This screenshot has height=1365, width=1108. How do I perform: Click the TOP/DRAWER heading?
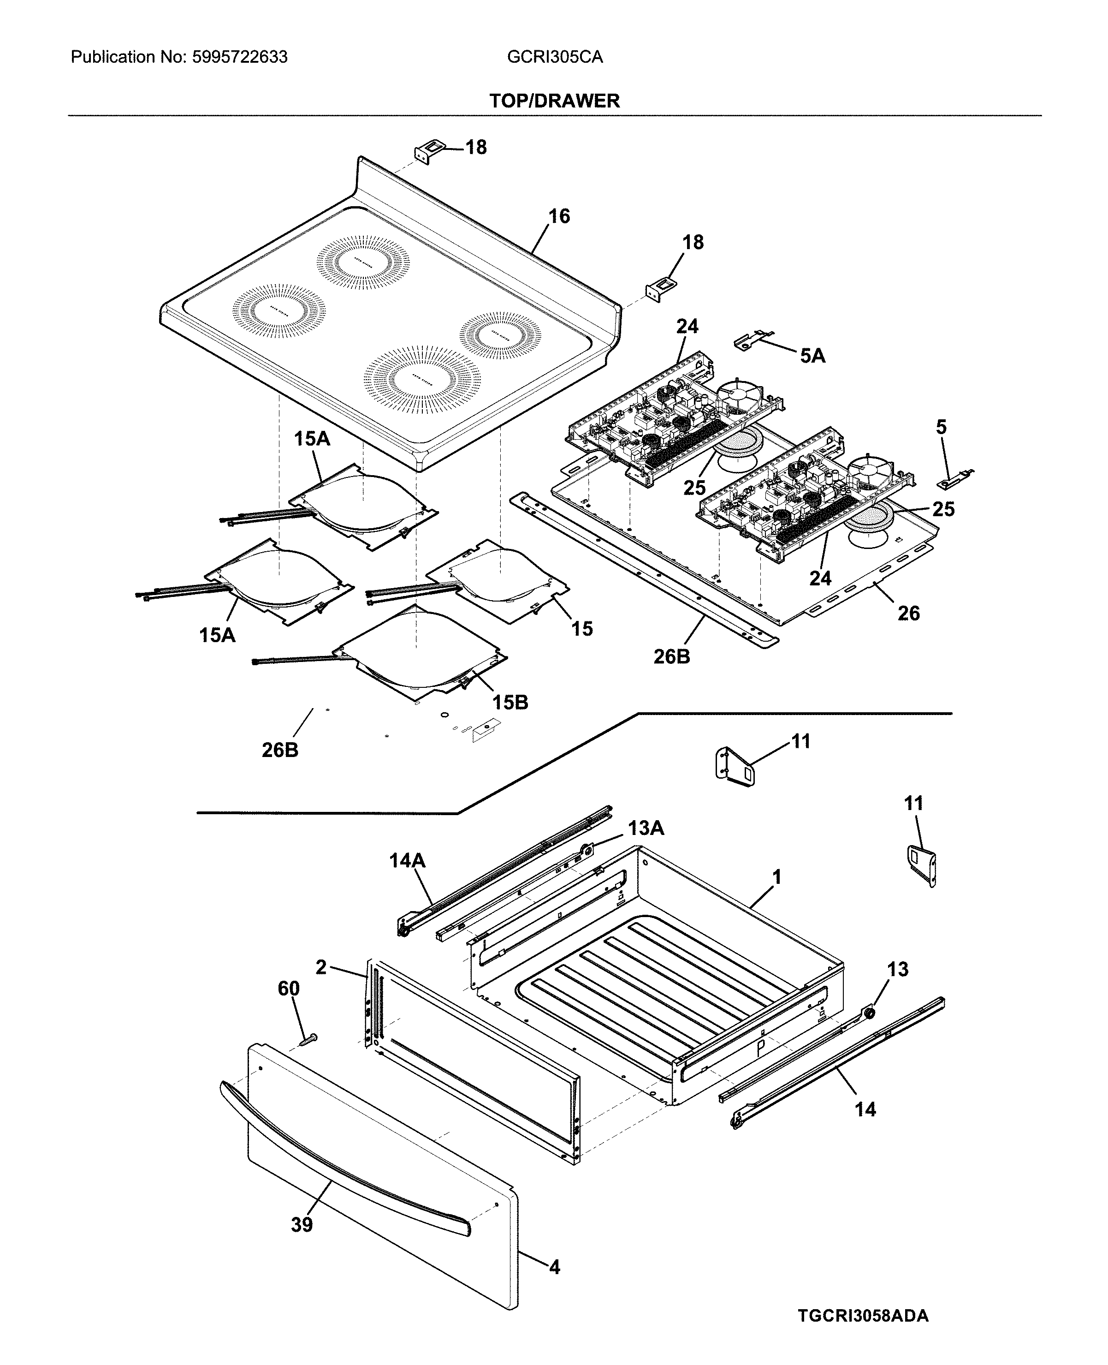pos(554,101)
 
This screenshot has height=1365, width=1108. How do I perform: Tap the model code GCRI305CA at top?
pos(555,58)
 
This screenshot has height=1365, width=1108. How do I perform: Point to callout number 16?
pos(559,216)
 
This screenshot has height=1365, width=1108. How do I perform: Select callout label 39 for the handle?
pos(302,1225)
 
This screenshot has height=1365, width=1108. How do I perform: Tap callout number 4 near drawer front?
pos(555,1267)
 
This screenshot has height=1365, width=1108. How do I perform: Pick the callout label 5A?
pos(812,356)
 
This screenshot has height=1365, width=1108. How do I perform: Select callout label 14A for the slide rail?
pos(407,861)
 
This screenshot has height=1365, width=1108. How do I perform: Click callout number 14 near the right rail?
pos(865,1109)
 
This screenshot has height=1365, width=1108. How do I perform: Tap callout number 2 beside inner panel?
pos(321,967)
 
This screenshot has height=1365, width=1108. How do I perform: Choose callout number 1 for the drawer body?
pos(776,878)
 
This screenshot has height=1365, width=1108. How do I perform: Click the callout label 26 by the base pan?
pos(908,614)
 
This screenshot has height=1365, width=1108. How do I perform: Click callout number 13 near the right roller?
pos(897,969)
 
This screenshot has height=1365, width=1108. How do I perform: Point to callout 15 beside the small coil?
pos(581,628)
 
